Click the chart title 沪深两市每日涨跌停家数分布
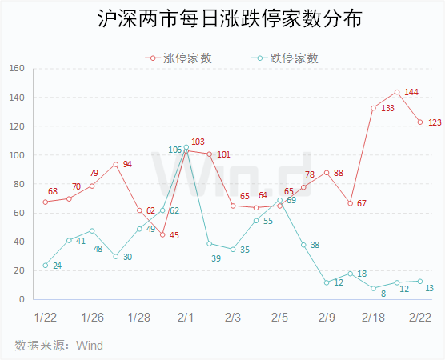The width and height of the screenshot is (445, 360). tap(230, 18)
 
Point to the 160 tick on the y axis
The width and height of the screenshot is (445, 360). tap(17, 68)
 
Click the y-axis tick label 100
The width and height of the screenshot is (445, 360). tap(17, 155)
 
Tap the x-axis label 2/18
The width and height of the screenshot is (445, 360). tap(373, 318)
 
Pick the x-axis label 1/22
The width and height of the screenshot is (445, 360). tap(46, 318)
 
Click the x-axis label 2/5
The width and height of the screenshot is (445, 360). tap(280, 318)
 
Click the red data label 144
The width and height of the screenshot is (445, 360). tap(411, 92)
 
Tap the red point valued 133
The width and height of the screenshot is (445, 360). tap(373, 108)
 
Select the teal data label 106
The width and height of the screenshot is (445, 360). tap(174, 150)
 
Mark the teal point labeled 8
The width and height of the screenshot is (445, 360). tap(373, 288)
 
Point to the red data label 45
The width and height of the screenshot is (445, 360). tap(174, 235)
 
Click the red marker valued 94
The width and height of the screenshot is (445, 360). tap(116, 164)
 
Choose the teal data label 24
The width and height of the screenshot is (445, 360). tap(58, 266)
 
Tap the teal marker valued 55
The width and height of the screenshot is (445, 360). tap(256, 221)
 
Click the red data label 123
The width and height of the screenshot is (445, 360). tap(435, 122)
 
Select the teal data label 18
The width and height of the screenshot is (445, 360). tap(362, 274)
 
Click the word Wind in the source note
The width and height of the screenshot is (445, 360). tap(90, 346)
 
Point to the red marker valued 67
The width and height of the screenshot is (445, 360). tap(351, 203)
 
